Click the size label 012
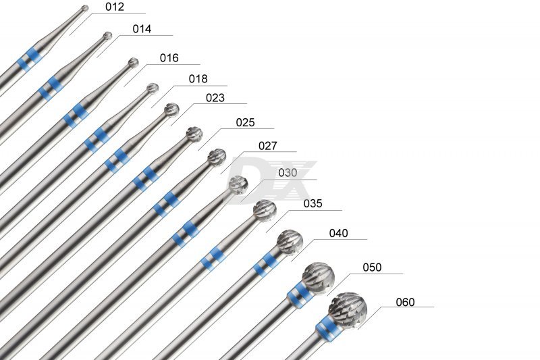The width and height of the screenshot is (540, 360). click(115, 7)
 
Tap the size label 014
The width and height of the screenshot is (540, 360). click(142, 29)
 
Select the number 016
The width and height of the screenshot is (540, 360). click(169, 58)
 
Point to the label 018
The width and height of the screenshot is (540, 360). click(198, 79)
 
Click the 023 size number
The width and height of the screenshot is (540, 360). click(215, 98)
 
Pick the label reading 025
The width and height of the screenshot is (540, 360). click(245, 123)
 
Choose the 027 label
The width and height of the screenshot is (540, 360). click(267, 146)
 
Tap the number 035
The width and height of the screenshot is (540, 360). click(313, 203)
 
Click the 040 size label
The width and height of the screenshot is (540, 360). click(339, 233)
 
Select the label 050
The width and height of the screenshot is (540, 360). click(372, 267)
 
